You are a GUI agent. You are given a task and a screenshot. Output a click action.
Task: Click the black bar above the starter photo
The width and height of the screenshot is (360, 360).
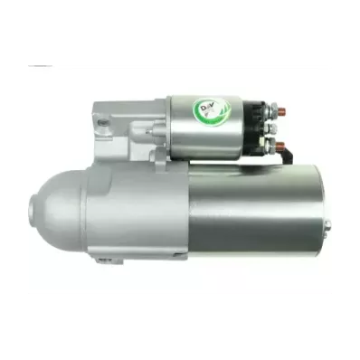tap(180, 33)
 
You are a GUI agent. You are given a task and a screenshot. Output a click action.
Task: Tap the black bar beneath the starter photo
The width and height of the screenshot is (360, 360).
tap(180, 326)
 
